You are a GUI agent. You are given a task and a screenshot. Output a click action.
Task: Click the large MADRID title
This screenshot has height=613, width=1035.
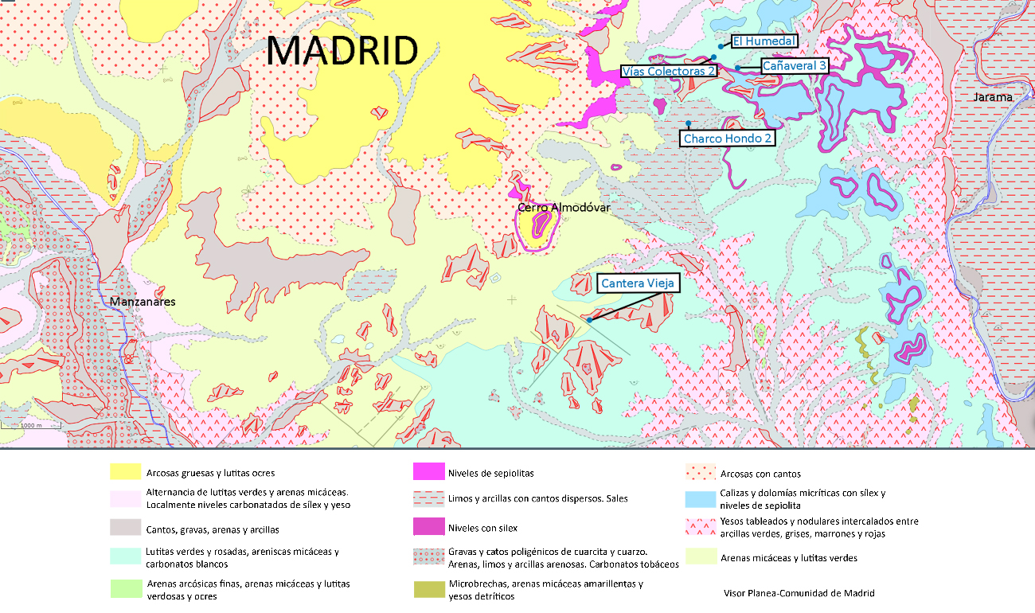(342, 51)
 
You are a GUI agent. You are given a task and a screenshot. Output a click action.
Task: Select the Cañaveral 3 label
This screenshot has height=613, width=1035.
(794, 66)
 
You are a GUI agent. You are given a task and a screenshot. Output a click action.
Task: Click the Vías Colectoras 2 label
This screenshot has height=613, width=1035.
(668, 71)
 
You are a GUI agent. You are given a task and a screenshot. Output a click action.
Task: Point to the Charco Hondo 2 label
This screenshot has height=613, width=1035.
(726, 139)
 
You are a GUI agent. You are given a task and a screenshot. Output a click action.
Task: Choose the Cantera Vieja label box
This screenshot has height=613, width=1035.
(638, 283)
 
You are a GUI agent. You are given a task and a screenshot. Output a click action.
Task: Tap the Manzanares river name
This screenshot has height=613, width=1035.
(143, 302)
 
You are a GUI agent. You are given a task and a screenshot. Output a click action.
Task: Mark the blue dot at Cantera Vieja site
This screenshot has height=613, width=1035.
(589, 320)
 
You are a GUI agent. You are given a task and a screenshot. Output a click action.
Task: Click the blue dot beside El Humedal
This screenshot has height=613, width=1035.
(720, 46)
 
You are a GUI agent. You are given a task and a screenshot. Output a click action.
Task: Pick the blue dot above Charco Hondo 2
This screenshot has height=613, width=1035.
(688, 123)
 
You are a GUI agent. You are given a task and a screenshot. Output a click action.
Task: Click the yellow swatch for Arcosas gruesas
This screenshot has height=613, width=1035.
(124, 473)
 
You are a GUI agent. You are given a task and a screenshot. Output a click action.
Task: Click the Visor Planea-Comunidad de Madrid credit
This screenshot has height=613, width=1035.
(799, 593)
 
